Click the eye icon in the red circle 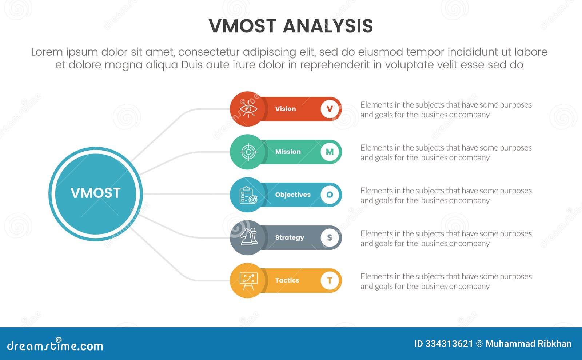(x=248, y=109)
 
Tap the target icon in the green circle (x=248, y=152)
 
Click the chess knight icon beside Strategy (x=248, y=237)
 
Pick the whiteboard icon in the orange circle (x=248, y=281)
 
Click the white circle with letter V (x=330, y=109)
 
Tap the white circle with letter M (x=330, y=152)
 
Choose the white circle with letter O (x=330, y=195)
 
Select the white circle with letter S (x=330, y=237)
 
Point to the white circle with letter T (x=330, y=280)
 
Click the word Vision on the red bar (x=285, y=109)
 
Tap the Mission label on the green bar (x=288, y=152)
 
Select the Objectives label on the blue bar (x=292, y=195)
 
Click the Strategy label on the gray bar (x=289, y=238)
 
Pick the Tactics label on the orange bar (x=287, y=280)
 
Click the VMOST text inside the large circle (x=95, y=193)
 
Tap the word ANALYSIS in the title (x=328, y=26)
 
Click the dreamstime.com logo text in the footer (x=55, y=345)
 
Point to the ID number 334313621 (x=449, y=344)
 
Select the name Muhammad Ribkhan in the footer (x=528, y=344)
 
